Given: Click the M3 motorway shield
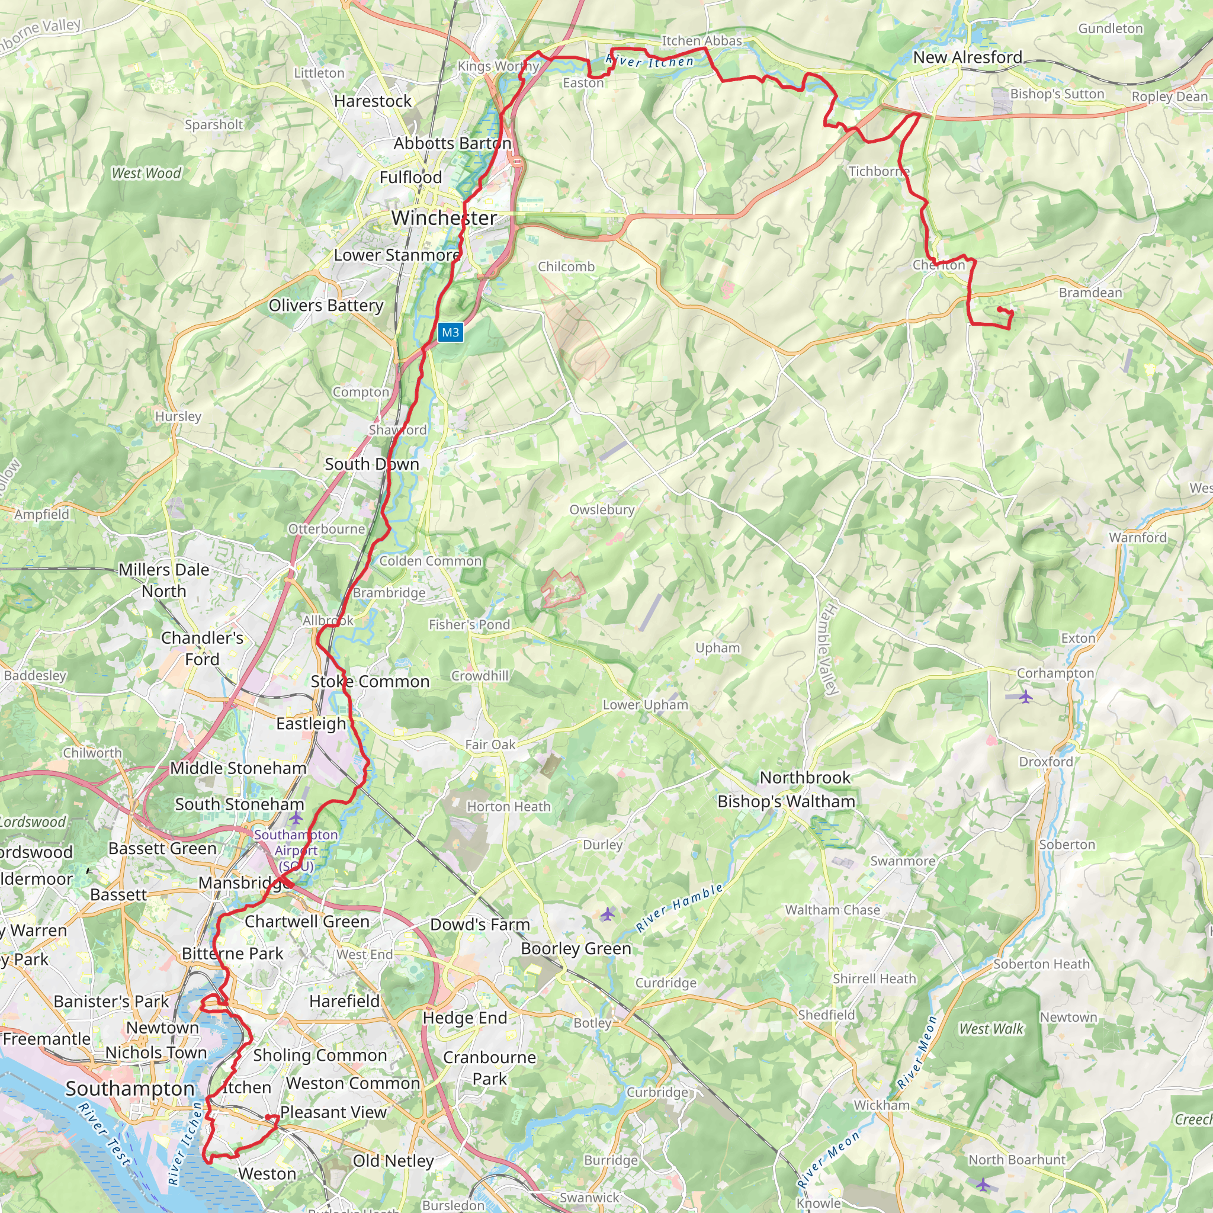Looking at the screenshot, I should pos(450,332).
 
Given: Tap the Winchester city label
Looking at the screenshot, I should pos(444,218).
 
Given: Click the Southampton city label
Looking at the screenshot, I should pos(130,1089).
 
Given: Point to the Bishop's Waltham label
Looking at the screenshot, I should pos(786,802).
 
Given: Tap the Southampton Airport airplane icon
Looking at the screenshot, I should pos(296,818).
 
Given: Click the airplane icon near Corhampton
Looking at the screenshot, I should pos(1025,697).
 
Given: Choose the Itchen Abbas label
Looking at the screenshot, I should pos(701,41).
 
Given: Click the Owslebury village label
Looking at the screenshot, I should pos(602,510).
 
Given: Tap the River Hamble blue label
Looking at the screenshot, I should pos(679,908).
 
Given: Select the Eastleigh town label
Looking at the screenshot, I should pos(311,724).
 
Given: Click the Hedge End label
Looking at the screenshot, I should pos(464,1018).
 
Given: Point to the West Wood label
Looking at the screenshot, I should pos(146,174).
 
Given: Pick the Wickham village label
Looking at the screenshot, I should pos(881,1105).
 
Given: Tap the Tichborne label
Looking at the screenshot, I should pos(878,171).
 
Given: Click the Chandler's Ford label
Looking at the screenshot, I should pos(201,649).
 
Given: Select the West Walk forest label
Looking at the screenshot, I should pos(991,1028).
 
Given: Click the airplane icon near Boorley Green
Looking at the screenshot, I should pos(606,913).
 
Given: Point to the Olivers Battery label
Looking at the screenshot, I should pos(326,306).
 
